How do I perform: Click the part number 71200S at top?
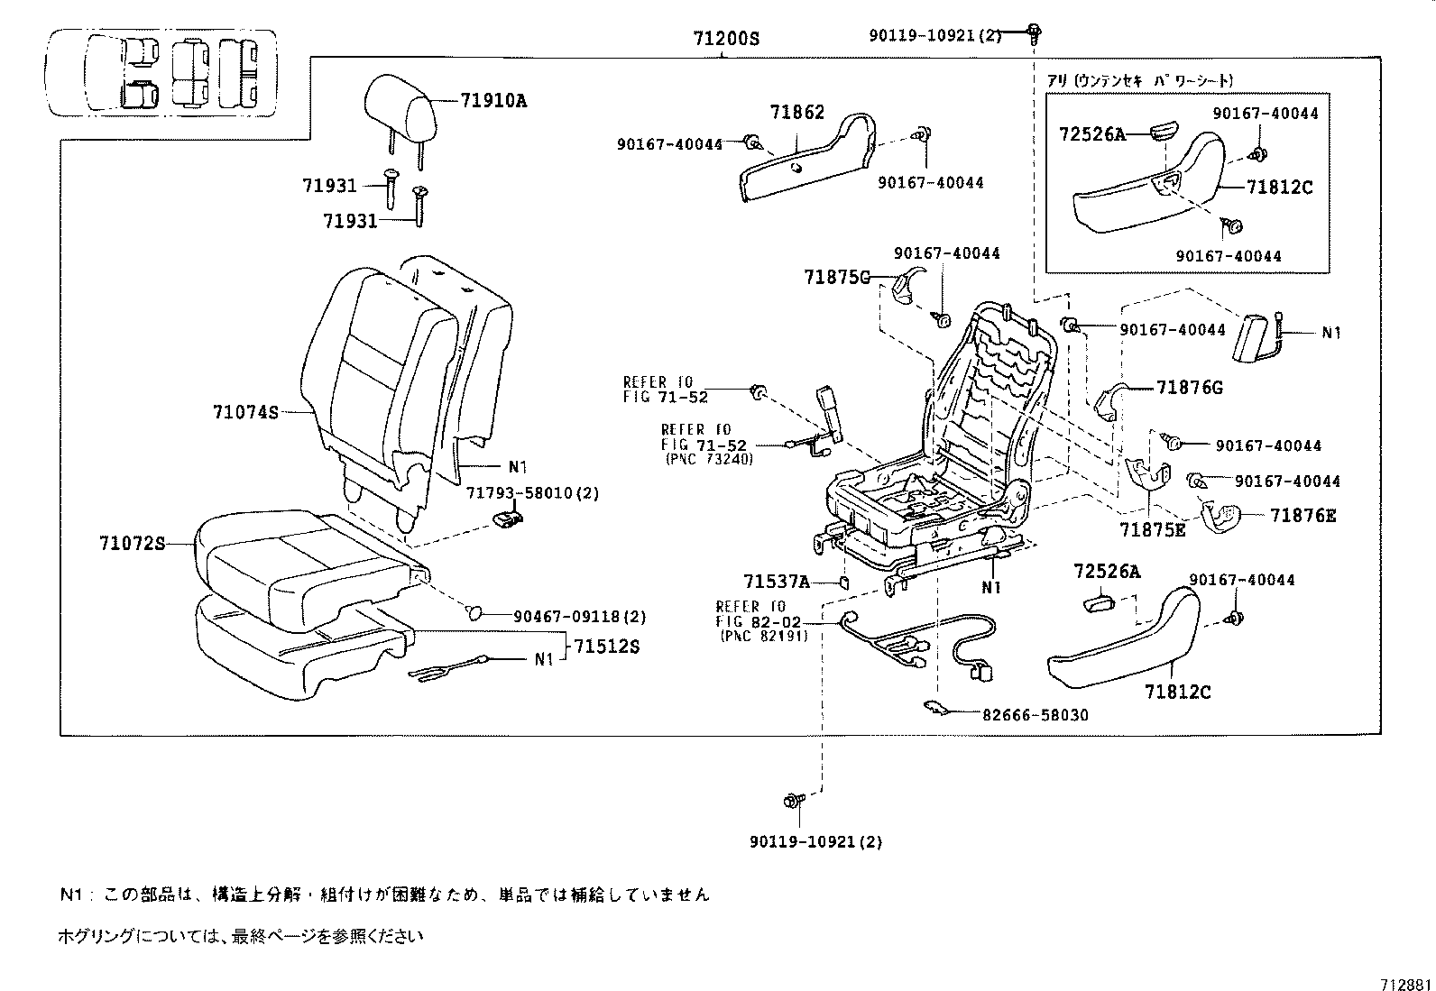click(726, 39)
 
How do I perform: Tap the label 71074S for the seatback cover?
click(245, 412)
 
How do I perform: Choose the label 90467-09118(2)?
click(580, 617)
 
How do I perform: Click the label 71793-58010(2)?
click(532, 493)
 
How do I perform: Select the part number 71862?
click(797, 113)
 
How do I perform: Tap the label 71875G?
click(836, 278)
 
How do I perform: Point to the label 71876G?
click(1190, 388)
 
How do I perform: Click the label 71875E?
click(1153, 529)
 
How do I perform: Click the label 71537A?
click(777, 582)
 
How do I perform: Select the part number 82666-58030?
click(1036, 715)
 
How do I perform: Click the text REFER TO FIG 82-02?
click(751, 614)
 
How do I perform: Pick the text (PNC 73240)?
click(709, 458)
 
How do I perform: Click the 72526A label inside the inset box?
click(1091, 134)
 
